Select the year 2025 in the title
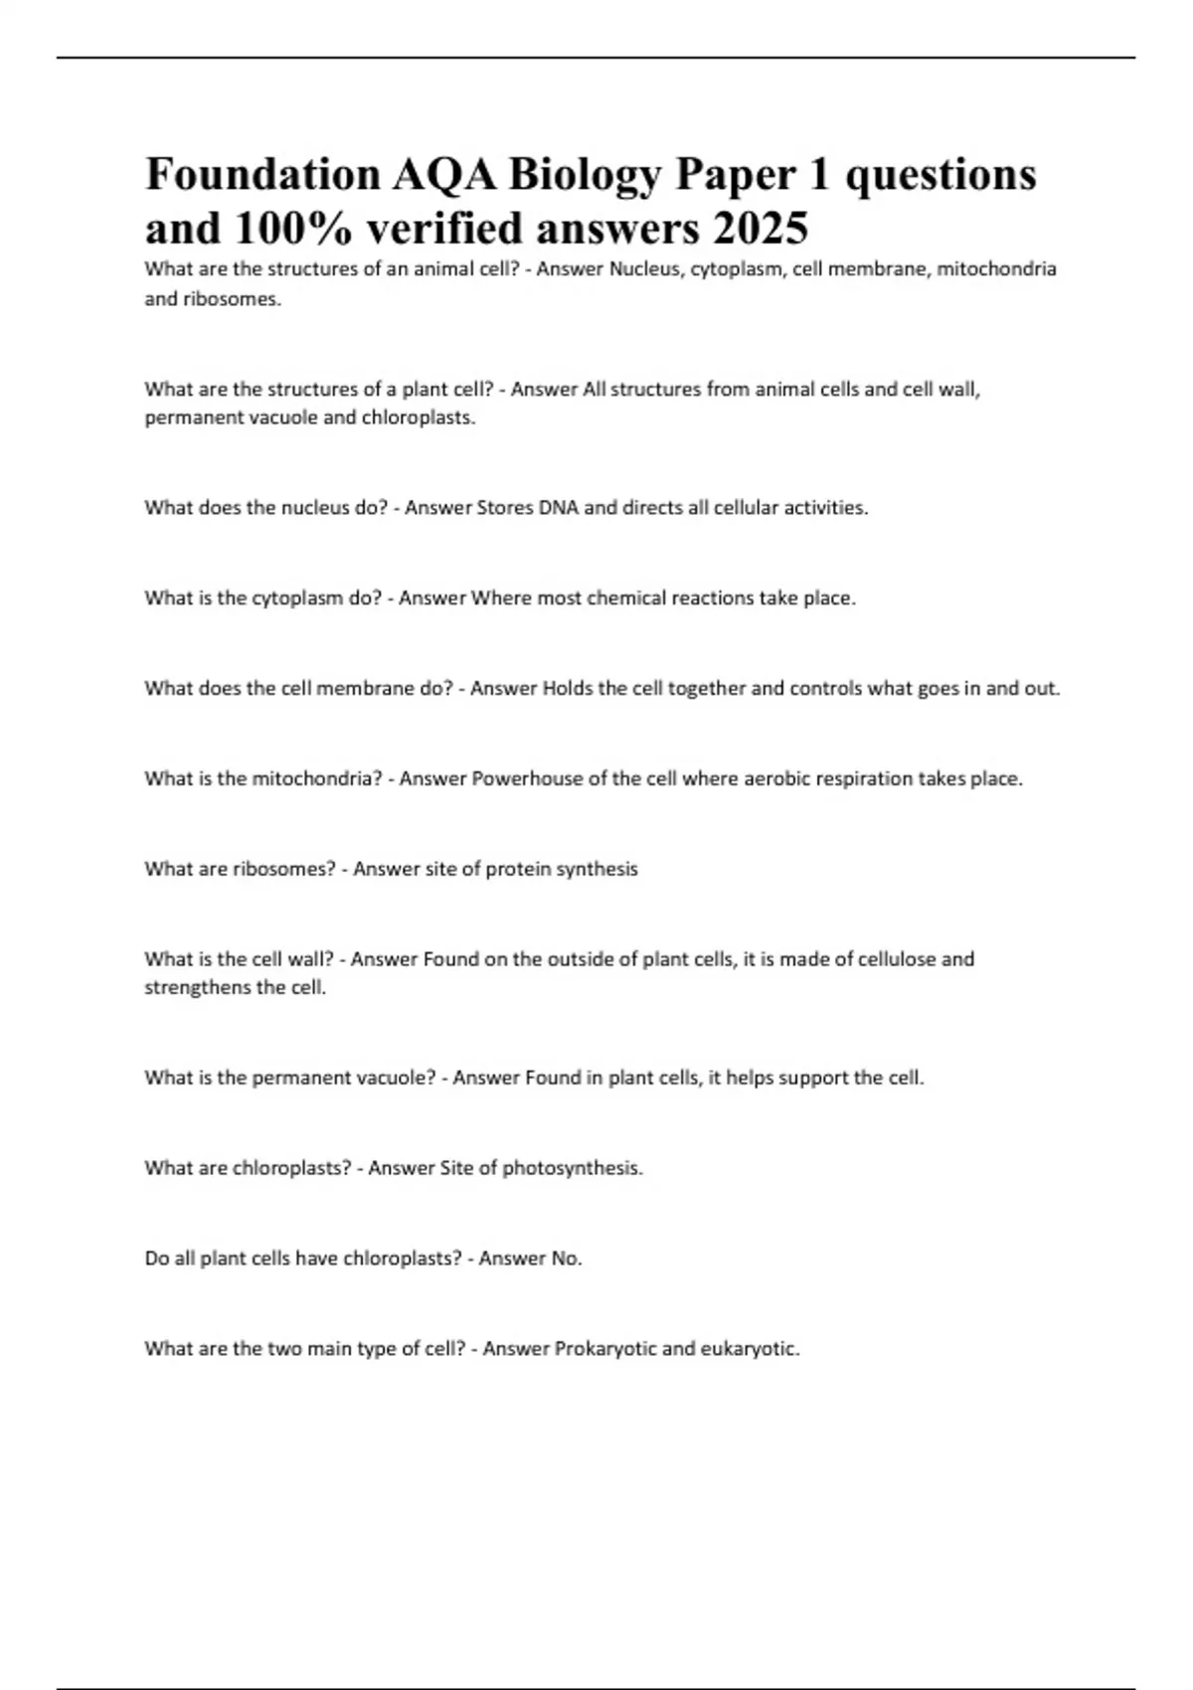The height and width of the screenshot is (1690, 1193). pyautogui.click(x=760, y=229)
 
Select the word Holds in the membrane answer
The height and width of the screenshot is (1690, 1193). pyautogui.click(x=567, y=688)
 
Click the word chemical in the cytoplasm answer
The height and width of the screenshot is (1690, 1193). pyautogui.click(x=625, y=598)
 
